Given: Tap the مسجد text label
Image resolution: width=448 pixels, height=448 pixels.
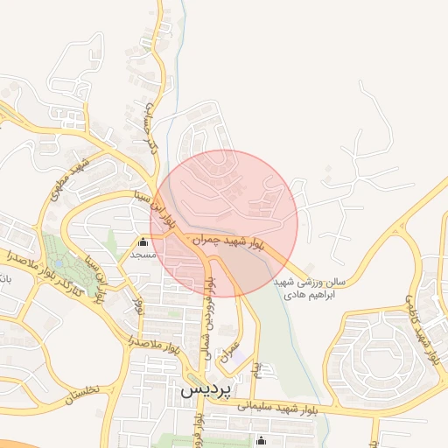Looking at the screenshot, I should (x=142, y=255).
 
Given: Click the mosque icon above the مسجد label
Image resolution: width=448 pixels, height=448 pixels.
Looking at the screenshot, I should (x=143, y=241).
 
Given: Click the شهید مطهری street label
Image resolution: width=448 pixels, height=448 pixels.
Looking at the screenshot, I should (x=71, y=178).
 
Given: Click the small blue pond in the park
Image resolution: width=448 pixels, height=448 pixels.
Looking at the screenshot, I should (x=58, y=260).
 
